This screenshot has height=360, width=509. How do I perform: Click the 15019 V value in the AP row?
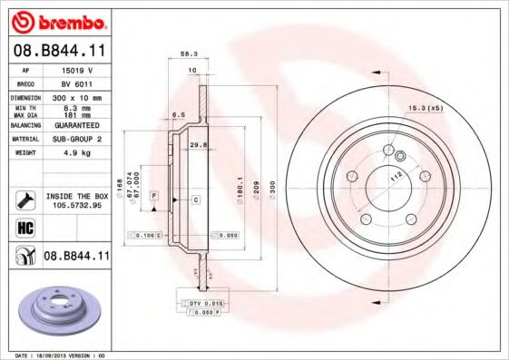click(x=77, y=69)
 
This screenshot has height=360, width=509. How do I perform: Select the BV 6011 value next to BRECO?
click(x=77, y=83)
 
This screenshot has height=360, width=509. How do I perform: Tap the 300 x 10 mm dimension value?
click(x=77, y=96)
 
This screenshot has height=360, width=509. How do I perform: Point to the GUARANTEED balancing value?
click(x=77, y=124)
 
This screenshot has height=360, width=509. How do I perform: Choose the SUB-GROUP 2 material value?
click(x=77, y=139)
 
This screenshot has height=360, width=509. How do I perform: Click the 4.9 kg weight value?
click(x=77, y=153)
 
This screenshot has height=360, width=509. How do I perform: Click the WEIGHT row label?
click(x=23, y=153)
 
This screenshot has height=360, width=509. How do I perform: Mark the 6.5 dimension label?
click(x=180, y=115)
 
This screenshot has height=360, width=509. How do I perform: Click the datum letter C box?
click(x=196, y=197)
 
